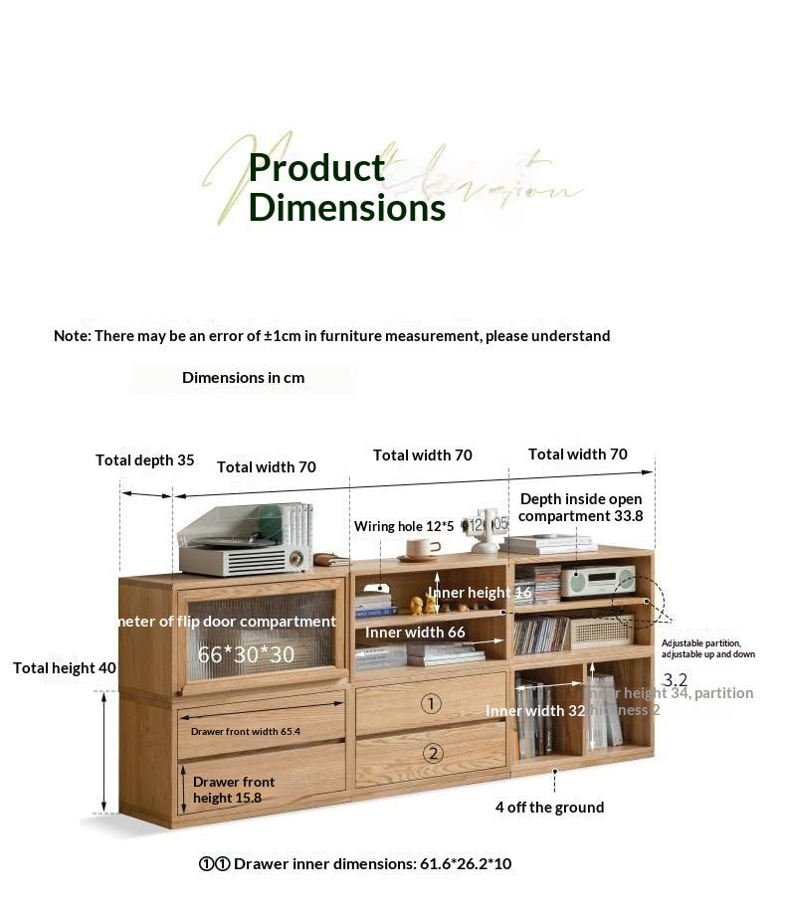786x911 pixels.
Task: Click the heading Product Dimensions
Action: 346,188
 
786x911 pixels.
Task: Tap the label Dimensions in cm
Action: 243,378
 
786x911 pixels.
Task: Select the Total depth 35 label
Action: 145,460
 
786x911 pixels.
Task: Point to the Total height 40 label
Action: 65,668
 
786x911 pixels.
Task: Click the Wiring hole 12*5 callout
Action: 404,526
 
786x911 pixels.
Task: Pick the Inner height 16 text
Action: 481,593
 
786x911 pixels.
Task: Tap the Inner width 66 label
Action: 415,633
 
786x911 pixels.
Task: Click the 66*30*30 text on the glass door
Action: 246,655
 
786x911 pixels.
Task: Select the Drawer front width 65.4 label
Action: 246,731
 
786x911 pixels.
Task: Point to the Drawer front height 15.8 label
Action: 235,790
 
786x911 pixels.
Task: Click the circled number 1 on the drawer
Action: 431,703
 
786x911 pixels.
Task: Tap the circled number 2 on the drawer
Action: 432,753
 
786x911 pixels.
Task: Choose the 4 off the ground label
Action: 549,808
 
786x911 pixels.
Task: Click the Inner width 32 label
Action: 534,711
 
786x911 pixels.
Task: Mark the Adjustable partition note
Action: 708,648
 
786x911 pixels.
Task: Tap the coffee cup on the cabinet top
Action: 422,549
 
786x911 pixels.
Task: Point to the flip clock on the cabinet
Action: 486,528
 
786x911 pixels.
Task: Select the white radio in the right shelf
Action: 597,580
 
